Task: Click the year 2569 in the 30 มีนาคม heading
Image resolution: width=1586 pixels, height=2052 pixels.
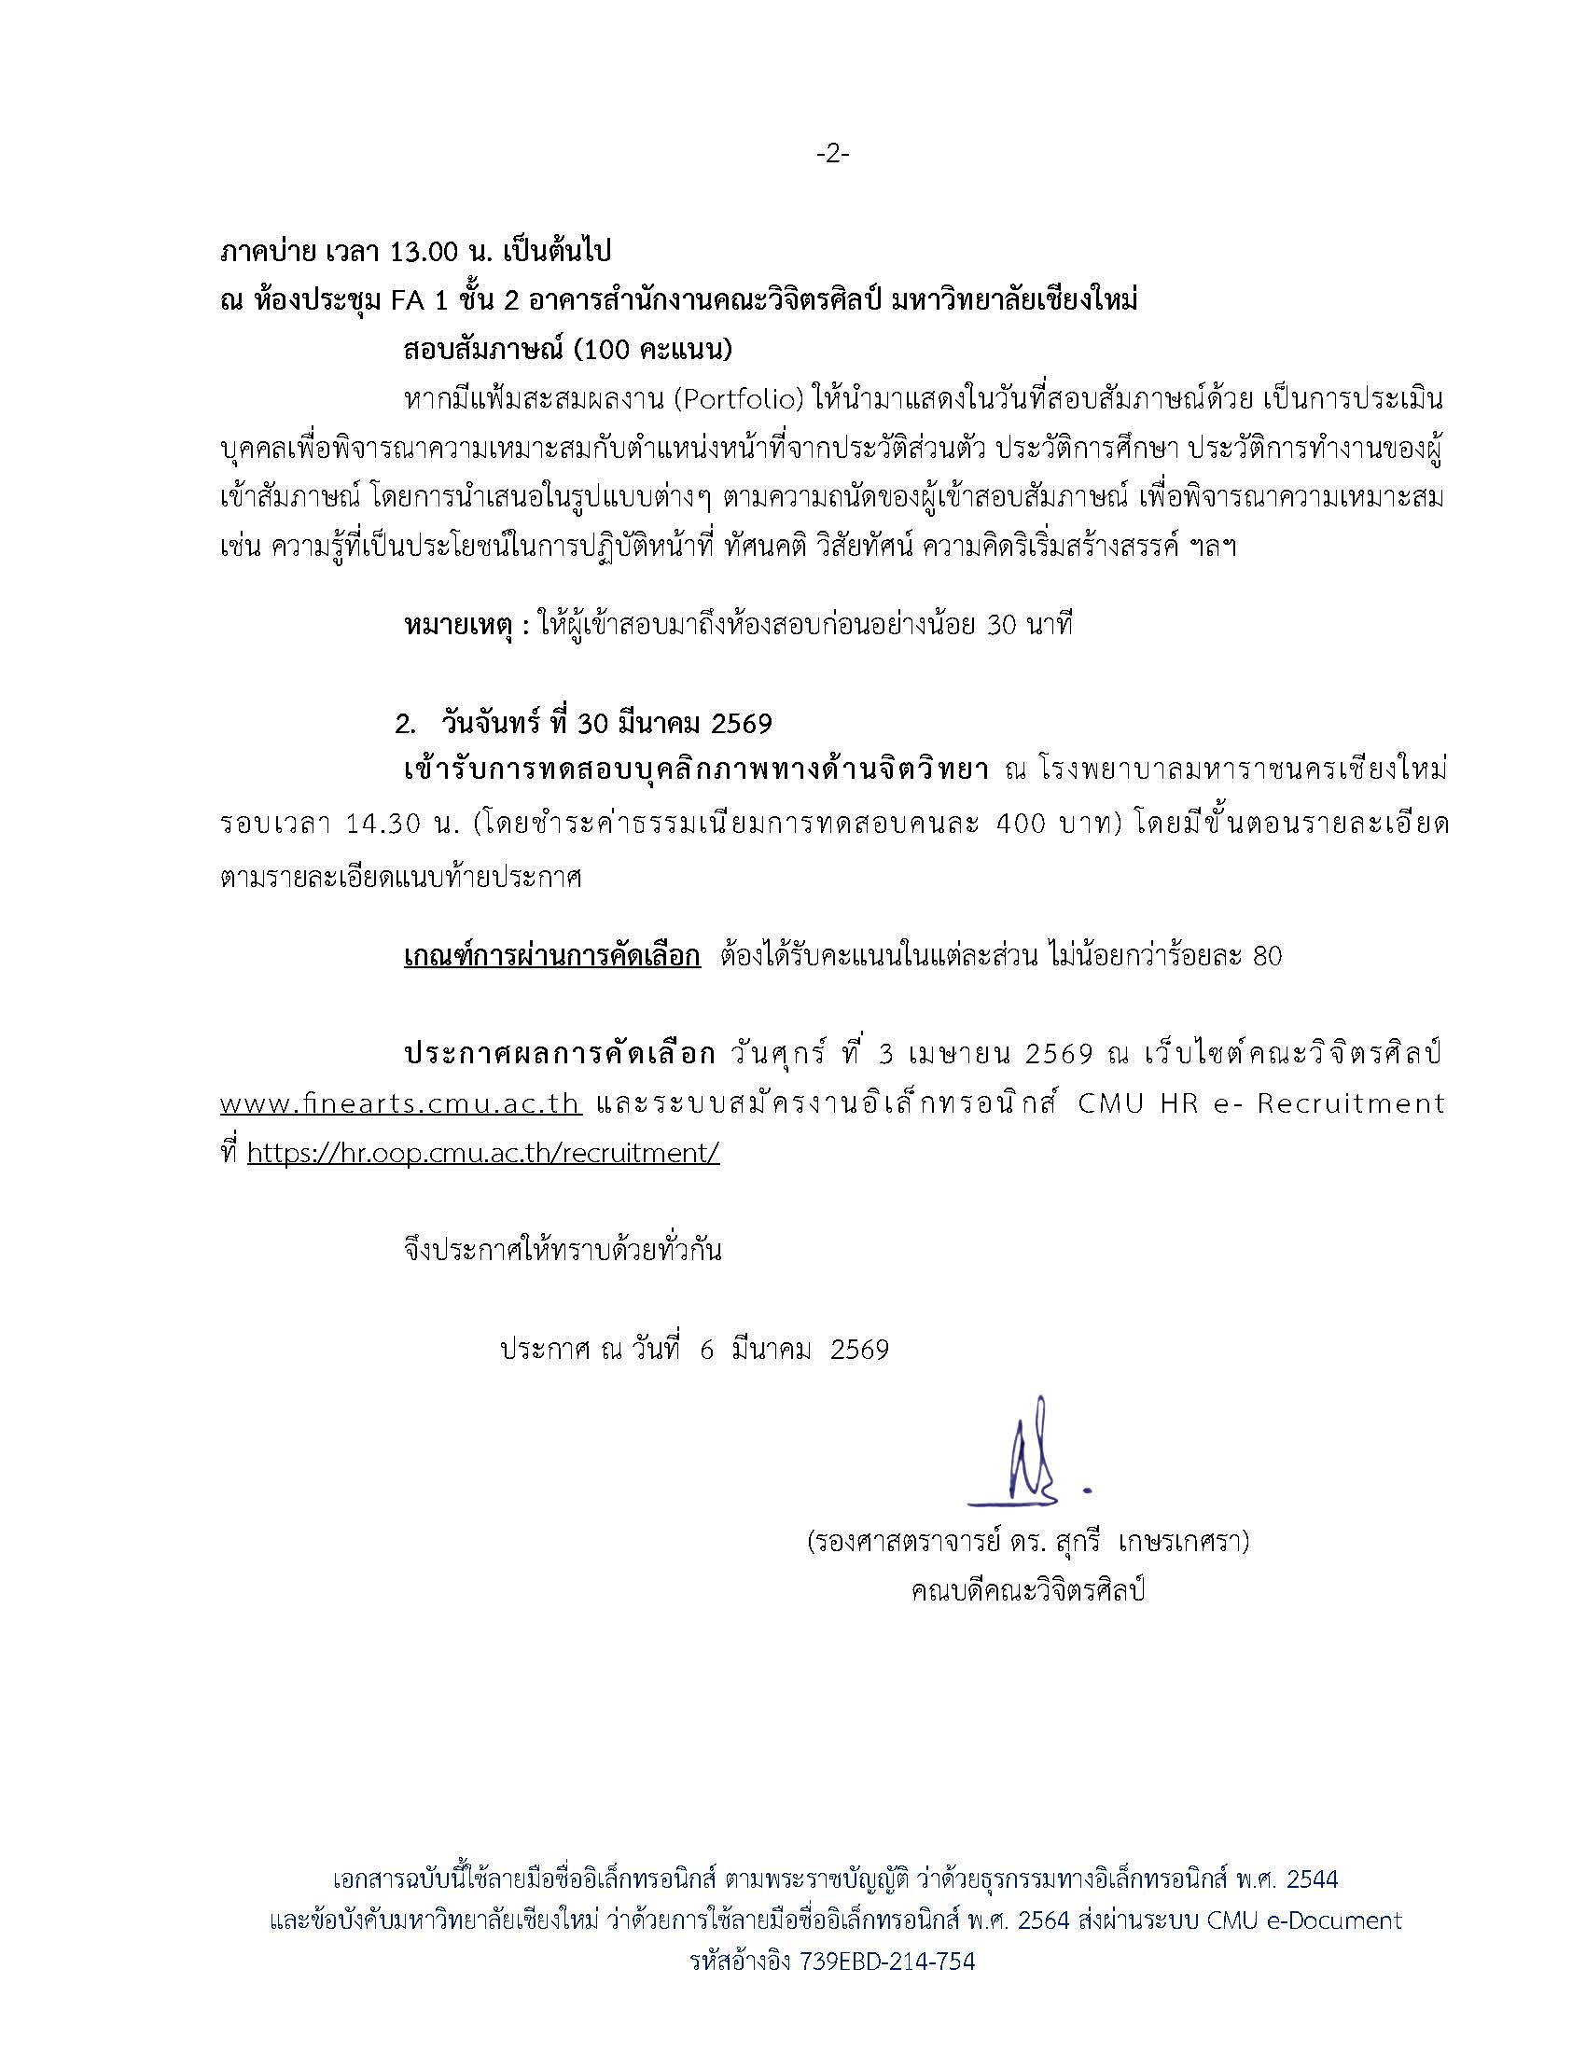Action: click(743, 724)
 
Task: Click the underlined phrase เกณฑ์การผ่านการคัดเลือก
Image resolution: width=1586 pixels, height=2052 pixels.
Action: click(551, 956)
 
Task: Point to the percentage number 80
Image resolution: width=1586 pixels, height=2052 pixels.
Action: click(1267, 956)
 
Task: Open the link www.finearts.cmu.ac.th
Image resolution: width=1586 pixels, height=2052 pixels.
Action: click(401, 1103)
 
